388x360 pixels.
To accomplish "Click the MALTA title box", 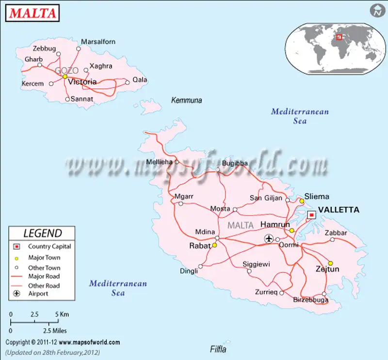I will (33, 13).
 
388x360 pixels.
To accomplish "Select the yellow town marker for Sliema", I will (302, 201).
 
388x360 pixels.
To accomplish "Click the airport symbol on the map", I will (269, 238).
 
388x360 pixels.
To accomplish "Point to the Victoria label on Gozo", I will (82, 82).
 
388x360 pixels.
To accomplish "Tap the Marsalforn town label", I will (98, 42).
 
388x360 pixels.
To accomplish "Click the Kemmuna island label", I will (187, 100).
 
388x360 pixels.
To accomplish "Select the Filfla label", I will (218, 349).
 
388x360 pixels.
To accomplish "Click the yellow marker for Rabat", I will (214, 245).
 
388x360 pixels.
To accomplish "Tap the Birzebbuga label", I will (311, 300).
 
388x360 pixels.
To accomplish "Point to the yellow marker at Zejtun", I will (330, 263).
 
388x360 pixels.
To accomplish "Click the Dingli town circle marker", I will (200, 266).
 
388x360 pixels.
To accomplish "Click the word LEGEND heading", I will (43, 233).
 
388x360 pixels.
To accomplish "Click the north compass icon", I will (375, 11).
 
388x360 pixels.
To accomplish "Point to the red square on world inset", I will (339, 37).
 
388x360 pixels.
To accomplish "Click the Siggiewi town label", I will (257, 264).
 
